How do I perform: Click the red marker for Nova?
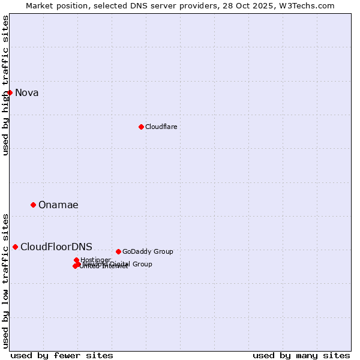pyautogui.click(x=10, y=92)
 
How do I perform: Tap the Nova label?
pyautogui.click(x=27, y=92)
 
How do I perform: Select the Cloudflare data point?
pyautogui.click(x=141, y=127)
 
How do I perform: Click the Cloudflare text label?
pyautogui.click(x=161, y=127)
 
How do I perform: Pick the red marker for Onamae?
pyautogui.click(x=33, y=205)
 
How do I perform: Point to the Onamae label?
pyautogui.click(x=58, y=205)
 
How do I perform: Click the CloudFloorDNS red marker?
pyautogui.click(x=15, y=247)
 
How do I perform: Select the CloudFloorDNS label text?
pyautogui.click(x=56, y=247)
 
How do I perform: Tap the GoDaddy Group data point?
pyautogui.click(x=118, y=251)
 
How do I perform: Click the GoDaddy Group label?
pyautogui.click(x=148, y=251)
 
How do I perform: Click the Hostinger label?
pyautogui.click(x=95, y=260)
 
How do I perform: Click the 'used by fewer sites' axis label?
pyautogui.click(x=62, y=355)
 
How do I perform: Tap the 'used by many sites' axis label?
pyautogui.click(x=301, y=355)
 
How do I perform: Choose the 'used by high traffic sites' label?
pyautogui.click(x=5, y=86)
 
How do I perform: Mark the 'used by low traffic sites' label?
pyautogui.click(x=5, y=281)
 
